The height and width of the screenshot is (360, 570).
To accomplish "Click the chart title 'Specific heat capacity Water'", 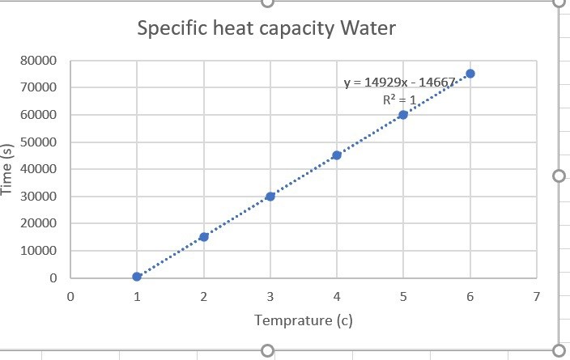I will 266,29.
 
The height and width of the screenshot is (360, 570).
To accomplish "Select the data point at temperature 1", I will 137,277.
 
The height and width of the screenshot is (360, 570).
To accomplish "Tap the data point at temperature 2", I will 204,236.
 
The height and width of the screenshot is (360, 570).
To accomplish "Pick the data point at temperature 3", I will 270,196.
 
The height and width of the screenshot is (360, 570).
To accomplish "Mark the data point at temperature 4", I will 337,155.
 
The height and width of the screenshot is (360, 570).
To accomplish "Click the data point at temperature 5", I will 403,114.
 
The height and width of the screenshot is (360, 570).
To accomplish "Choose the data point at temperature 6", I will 470,74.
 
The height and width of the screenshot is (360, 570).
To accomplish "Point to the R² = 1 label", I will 399,100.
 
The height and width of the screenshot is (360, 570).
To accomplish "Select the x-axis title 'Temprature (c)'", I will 304,320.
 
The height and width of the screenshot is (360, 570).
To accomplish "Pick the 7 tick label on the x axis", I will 536,296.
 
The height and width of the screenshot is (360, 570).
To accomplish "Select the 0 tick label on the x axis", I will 70,296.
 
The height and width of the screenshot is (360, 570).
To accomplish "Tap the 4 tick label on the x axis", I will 337,296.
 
